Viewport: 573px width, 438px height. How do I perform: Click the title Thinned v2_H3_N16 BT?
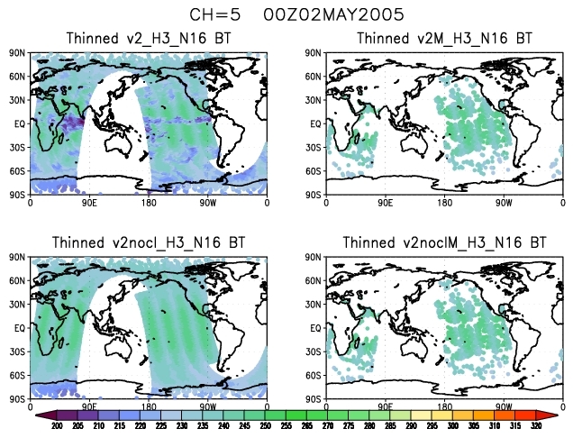[x=149, y=39]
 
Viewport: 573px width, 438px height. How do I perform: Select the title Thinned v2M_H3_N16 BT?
[x=444, y=39]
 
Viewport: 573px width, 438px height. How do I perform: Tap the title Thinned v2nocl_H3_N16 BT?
[x=149, y=243]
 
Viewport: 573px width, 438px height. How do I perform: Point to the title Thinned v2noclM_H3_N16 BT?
[x=444, y=243]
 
